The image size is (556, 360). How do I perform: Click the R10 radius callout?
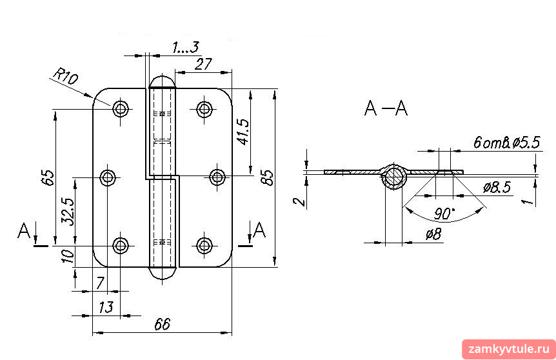coord(65,77)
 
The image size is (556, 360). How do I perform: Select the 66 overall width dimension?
coord(163,324)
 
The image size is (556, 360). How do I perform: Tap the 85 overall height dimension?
coord(268,177)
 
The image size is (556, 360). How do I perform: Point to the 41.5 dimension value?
coord(243,132)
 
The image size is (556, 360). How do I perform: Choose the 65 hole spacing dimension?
coord(48,177)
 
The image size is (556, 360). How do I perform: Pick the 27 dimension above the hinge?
coord(204,65)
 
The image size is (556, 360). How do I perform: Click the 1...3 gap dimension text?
coord(186,47)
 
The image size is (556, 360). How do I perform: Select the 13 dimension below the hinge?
coord(106,307)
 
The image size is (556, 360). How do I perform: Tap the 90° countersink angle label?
coord(444,214)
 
